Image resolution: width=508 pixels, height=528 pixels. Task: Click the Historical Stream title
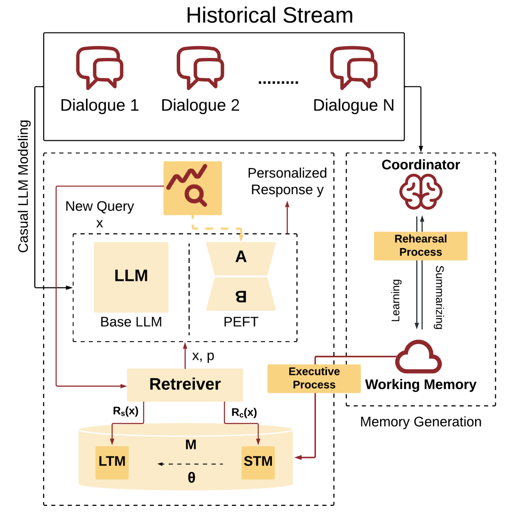270,16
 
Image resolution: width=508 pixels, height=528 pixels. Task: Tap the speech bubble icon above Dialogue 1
100,68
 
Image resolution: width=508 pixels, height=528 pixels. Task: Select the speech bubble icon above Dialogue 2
200,68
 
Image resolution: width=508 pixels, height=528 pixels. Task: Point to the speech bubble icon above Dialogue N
353,68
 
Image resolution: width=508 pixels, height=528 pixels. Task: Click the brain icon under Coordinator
421,192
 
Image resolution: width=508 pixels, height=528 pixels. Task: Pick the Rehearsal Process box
421,246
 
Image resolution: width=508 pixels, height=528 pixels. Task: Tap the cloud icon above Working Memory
419,357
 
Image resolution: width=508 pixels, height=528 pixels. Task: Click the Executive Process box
314,378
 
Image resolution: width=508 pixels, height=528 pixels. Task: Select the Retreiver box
185,384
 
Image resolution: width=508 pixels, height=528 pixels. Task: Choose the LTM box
112,462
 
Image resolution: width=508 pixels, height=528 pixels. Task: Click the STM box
258,462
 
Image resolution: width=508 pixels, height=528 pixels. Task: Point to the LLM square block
131,277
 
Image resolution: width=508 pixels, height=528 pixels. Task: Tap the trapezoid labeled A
241,259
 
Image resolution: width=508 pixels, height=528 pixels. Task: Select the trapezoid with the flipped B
241,294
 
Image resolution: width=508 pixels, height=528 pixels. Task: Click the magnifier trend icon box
192,188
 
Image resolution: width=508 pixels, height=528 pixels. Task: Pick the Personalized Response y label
287,182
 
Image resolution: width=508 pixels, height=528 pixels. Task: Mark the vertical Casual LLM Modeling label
24,186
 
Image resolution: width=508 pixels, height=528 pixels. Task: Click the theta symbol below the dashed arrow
191,478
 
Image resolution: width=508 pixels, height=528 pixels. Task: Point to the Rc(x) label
244,413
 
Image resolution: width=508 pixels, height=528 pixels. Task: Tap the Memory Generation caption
421,422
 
